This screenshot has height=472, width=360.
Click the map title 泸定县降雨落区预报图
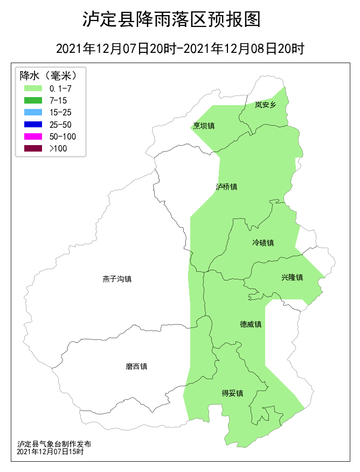(x=171, y=19)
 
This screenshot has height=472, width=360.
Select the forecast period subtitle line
(x=180, y=49)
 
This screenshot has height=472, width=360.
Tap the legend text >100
(x=58, y=148)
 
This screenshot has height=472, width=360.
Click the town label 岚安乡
(x=265, y=105)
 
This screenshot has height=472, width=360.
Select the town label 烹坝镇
(x=204, y=126)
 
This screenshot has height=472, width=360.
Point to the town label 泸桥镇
(x=226, y=187)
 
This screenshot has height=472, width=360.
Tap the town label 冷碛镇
(x=263, y=243)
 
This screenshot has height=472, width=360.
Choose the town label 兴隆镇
(x=292, y=277)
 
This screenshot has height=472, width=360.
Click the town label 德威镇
(x=251, y=324)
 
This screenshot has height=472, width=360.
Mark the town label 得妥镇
(x=232, y=393)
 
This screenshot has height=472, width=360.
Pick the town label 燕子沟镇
(x=117, y=279)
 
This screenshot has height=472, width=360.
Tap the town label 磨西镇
(x=136, y=366)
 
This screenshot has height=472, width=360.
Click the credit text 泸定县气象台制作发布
(x=54, y=443)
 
